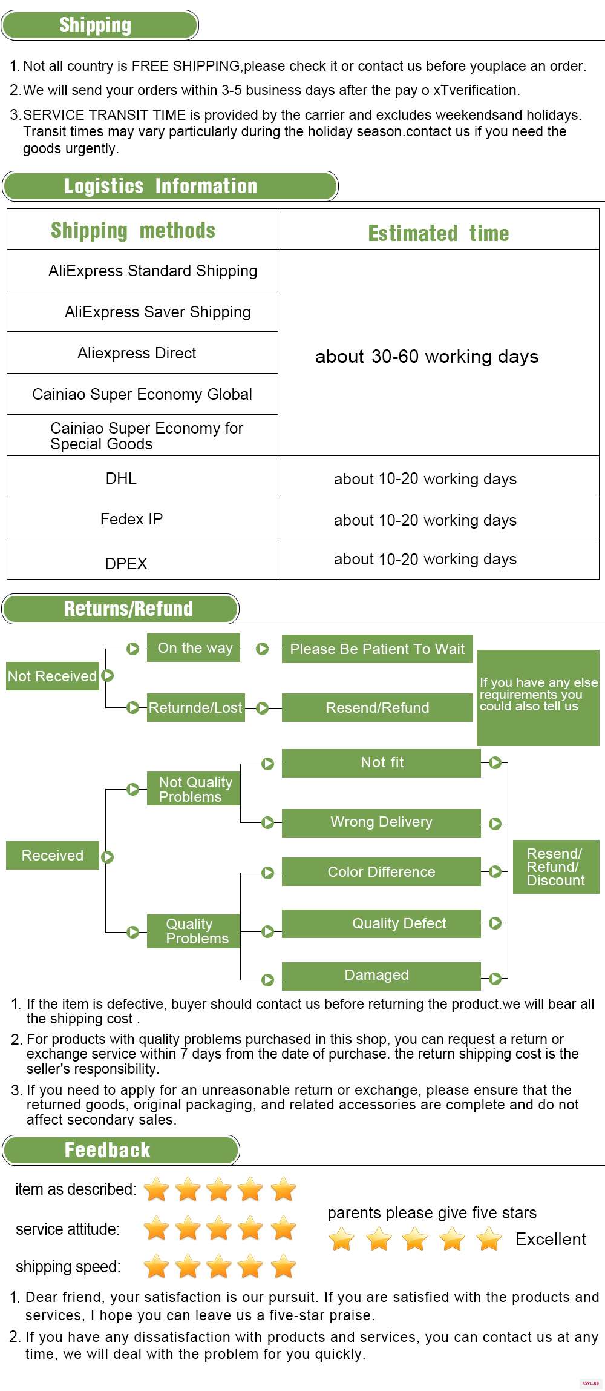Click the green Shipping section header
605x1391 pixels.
point(100,25)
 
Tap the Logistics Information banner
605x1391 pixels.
point(170,186)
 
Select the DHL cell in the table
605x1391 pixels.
point(142,477)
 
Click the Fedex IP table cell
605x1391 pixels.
point(142,518)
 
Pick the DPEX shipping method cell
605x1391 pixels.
point(142,559)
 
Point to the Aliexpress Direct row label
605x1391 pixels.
point(137,353)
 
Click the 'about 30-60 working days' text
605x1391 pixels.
point(427,357)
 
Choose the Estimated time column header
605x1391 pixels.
point(439,233)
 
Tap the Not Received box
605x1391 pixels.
point(53,676)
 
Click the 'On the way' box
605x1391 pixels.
point(194,648)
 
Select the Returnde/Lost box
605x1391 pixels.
point(196,707)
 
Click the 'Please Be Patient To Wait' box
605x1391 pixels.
point(378,649)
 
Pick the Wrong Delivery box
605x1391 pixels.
point(381,823)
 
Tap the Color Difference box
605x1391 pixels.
point(381,872)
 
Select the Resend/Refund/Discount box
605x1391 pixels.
point(556,867)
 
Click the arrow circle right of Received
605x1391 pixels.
point(108,857)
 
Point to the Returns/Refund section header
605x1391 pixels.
point(120,609)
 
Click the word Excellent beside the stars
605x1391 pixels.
point(551,1239)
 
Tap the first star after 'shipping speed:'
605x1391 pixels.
point(156,1266)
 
